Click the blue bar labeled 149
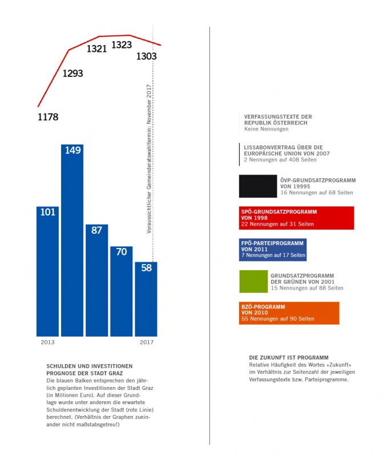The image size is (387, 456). tap(72, 239)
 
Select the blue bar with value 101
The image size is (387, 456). tap(47, 271)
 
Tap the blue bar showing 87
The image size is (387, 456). tap(96, 279)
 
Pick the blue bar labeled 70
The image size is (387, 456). tap(121, 291)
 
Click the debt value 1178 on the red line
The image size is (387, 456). tap(48, 117)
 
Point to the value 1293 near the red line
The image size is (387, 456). tap(72, 73)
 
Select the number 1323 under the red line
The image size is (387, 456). tap(121, 44)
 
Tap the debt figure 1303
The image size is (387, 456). tap(146, 56)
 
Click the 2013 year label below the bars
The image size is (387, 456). tap(47, 342)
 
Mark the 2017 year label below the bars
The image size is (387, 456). tap(147, 342)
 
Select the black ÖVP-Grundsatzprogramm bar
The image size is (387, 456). tap(259, 186)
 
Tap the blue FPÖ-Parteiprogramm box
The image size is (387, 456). tap(273, 249)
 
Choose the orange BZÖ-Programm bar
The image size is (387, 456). tap(289, 313)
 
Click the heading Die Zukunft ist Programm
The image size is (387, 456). tap(288, 357)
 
